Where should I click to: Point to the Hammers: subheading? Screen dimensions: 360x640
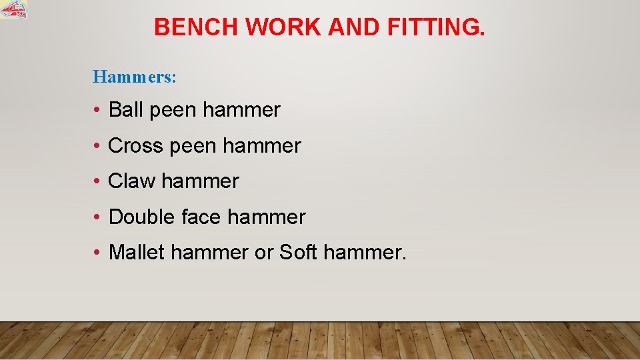(135, 77)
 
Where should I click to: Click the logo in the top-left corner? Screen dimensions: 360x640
(14, 10)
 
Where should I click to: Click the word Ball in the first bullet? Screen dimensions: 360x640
(126, 109)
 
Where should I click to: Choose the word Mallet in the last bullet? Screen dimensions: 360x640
(136, 252)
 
